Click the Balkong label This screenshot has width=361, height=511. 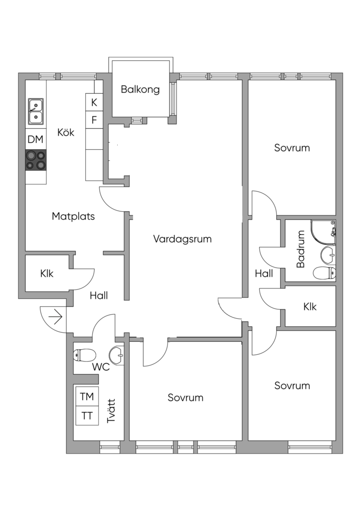point(140,89)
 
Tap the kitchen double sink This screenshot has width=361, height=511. point(35,111)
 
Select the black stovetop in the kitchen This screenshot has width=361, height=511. point(35,160)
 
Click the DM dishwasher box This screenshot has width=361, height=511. point(35,140)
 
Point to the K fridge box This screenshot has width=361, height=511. point(94,102)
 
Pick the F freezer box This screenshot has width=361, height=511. point(94,120)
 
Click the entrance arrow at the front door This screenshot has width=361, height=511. point(55,316)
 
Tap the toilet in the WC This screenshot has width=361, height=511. point(85,355)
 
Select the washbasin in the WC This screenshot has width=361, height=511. point(117,355)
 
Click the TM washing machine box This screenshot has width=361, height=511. point(87,396)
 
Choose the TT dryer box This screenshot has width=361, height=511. point(87,416)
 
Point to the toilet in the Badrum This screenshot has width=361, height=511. point(324,273)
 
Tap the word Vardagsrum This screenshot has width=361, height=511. point(182,239)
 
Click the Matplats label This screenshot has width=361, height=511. point(73,216)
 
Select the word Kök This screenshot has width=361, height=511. point(66,132)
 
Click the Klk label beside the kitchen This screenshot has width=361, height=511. point(47,273)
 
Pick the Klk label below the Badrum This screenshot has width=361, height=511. point(310,307)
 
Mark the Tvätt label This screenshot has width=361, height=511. point(111,411)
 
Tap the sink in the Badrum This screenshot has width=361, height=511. point(328,255)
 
